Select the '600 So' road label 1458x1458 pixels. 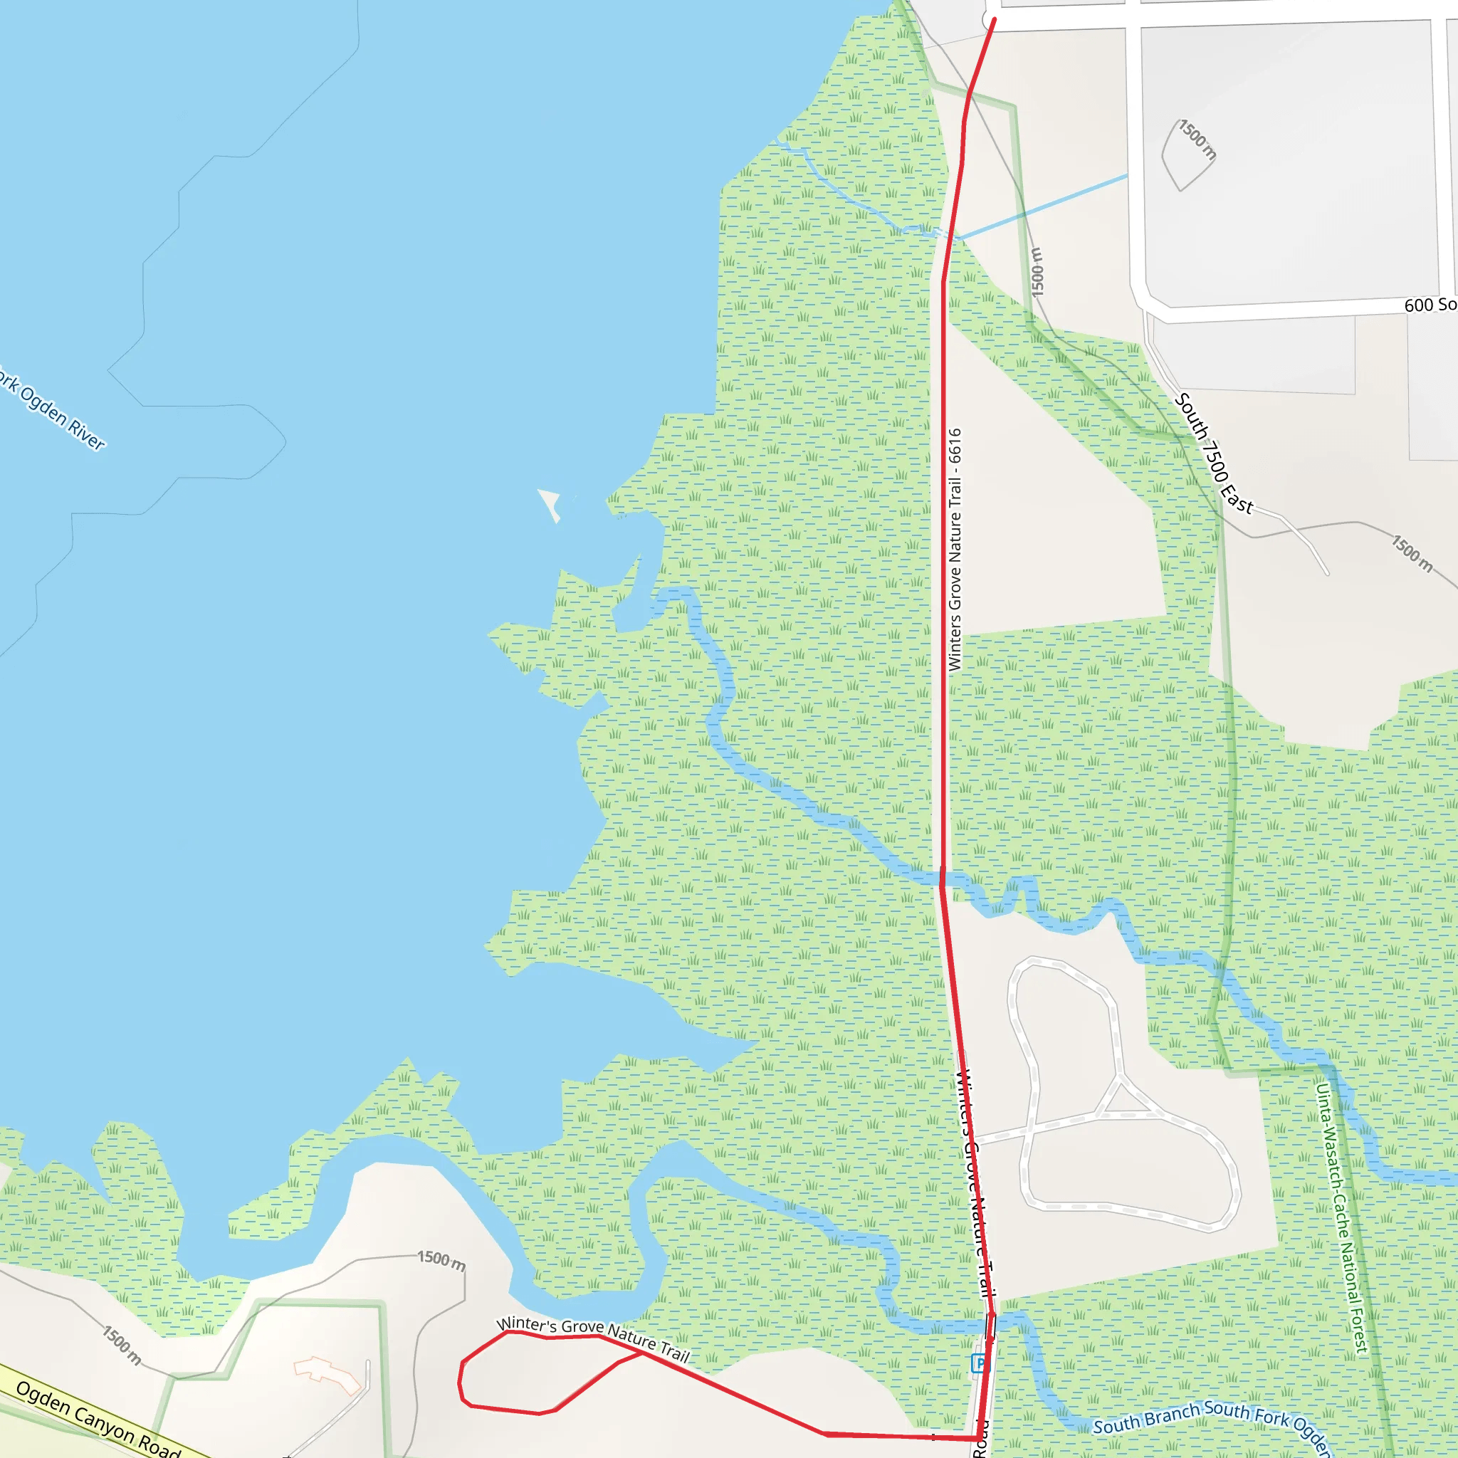[x=1430, y=305]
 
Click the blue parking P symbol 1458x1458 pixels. [x=980, y=1363]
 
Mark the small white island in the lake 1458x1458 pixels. [x=550, y=503]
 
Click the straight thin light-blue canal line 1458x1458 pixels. [x=1042, y=206]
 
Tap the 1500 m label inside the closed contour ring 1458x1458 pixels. [x=1197, y=140]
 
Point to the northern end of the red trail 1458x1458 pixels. [x=994, y=21]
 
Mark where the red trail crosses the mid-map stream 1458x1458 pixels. [x=942, y=877]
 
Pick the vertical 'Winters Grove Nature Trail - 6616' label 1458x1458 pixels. [x=955, y=550]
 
